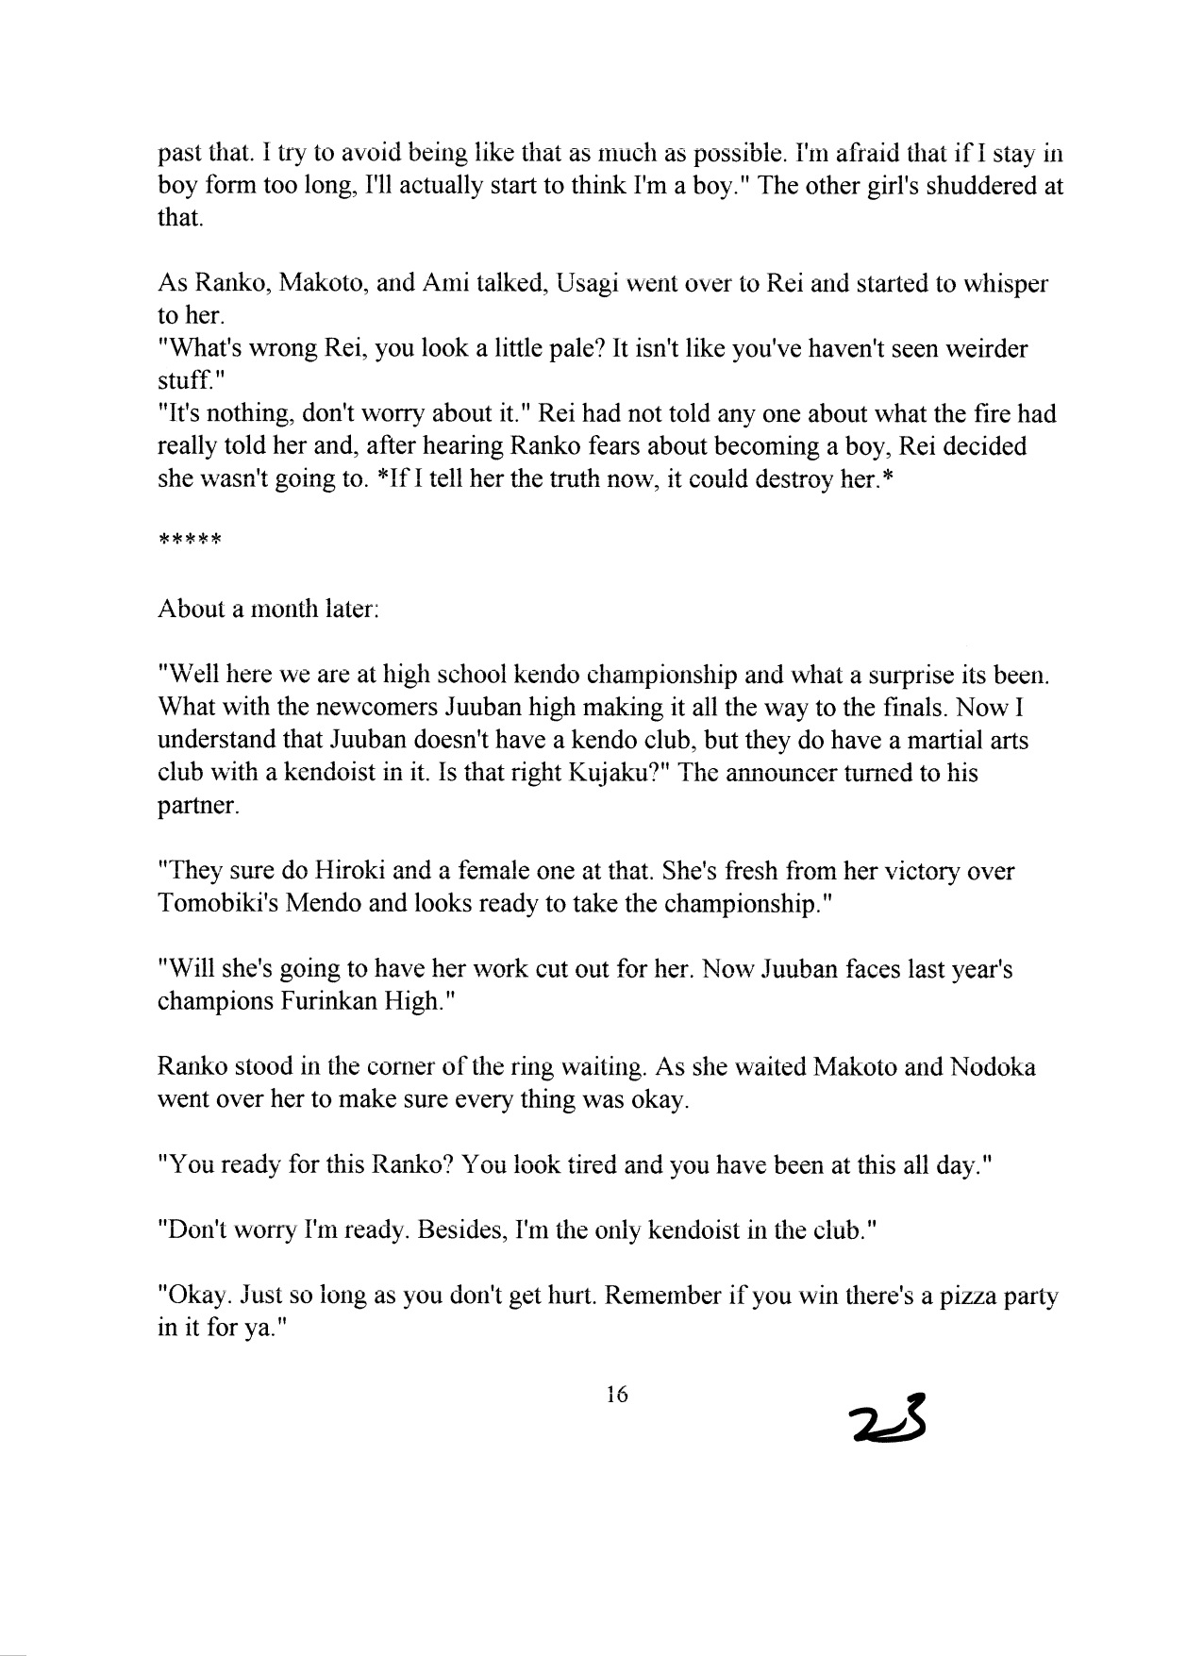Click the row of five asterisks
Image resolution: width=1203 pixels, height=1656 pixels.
[189, 542]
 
